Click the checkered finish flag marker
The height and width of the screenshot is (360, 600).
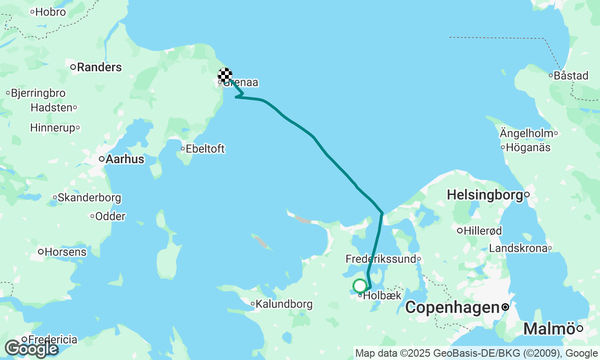[x=225, y=75]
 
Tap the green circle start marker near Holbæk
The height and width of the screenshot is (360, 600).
[x=360, y=285]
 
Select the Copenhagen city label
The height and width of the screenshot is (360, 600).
[x=452, y=307]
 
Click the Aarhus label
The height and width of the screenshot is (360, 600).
[x=125, y=159]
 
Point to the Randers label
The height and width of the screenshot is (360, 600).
[x=99, y=67]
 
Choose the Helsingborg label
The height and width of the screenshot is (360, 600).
[x=485, y=195]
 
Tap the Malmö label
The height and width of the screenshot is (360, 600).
[x=549, y=329]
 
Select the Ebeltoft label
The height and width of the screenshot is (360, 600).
[x=205, y=149]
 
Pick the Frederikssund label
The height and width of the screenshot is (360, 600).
[x=381, y=259]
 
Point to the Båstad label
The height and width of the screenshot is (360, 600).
[x=571, y=75]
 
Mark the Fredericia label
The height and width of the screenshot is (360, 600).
[x=52, y=339]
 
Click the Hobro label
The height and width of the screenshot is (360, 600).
[x=51, y=12]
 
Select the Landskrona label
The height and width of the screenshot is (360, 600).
[x=517, y=248]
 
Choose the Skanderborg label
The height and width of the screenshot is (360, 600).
[x=89, y=198]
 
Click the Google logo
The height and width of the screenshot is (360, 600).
[x=31, y=349]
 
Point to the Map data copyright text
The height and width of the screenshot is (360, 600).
[x=476, y=353]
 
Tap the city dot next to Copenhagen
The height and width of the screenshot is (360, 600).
[x=505, y=307]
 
